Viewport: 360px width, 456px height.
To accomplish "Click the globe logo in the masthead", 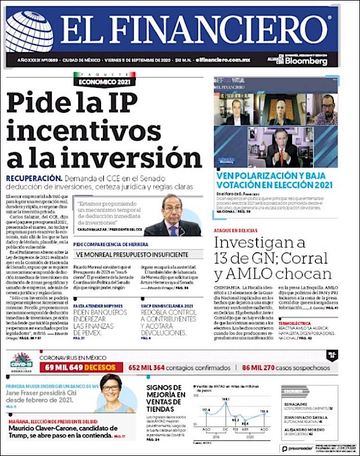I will (30, 33).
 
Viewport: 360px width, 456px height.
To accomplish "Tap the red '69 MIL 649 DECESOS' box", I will (81, 367).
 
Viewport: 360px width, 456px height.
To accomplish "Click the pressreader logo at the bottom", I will (297, 448).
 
